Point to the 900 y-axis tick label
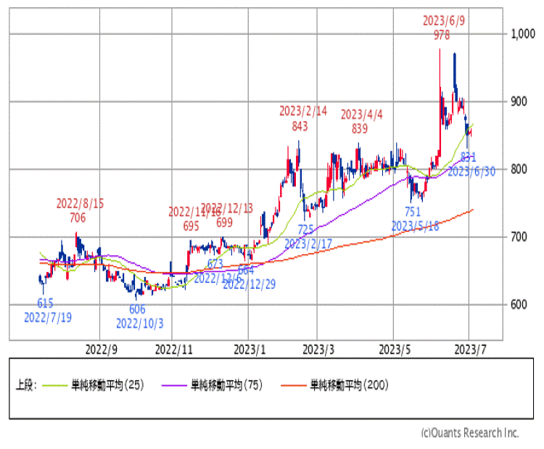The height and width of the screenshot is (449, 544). click(x=520, y=102)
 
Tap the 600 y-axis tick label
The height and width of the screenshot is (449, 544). click(x=520, y=305)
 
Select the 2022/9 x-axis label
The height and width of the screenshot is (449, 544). click(x=101, y=350)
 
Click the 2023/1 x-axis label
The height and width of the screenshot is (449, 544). click(x=248, y=350)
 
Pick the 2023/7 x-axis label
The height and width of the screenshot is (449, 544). click(x=469, y=350)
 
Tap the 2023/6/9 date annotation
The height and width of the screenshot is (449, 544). click(x=445, y=21)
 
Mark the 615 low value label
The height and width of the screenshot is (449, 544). click(x=44, y=304)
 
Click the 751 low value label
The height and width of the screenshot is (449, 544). click(x=412, y=212)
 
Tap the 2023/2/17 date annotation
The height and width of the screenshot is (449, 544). click(x=308, y=244)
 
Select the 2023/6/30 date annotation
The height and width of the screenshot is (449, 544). click(x=471, y=171)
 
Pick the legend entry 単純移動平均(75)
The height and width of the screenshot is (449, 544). click(x=227, y=385)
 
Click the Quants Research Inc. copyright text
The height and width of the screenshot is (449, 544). click(x=470, y=433)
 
